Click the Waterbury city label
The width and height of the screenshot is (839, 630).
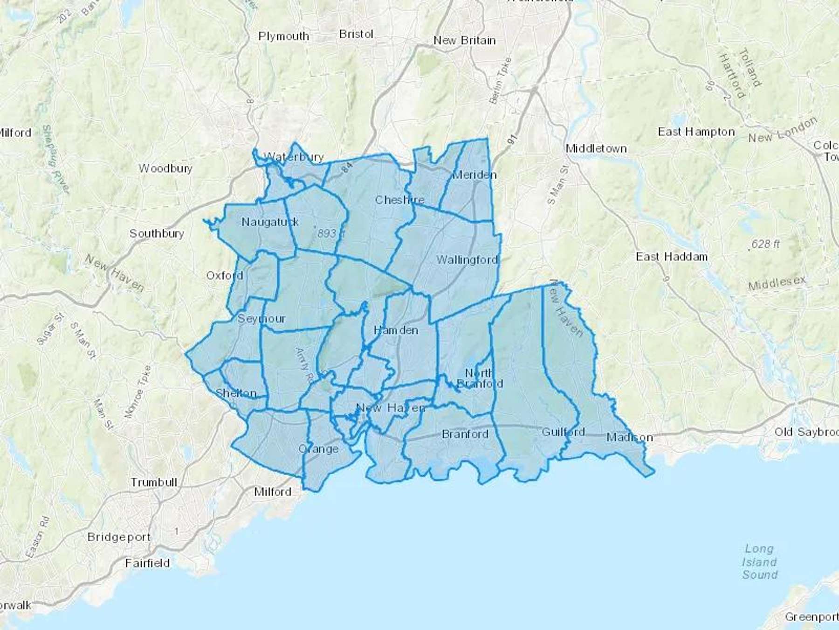pos(294,157)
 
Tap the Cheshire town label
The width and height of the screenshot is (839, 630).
pos(399,200)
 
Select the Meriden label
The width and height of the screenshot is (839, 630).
pos(475,175)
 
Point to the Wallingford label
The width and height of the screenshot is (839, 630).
pos(467,260)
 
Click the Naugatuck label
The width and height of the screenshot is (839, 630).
pos(270,222)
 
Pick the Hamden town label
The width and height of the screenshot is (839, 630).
pos(396,330)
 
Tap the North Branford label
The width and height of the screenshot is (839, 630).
pos(480,378)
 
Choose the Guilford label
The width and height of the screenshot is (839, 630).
pos(563,432)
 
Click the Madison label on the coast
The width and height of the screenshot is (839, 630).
pos(629,438)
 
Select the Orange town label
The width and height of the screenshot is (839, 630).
pos(318,449)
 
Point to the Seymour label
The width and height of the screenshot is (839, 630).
pos(261,319)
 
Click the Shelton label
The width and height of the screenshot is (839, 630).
pos(236,393)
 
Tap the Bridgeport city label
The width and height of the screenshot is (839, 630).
pos(119,537)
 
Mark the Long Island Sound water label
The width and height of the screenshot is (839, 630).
pos(759,562)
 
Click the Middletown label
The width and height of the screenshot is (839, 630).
pos(596,149)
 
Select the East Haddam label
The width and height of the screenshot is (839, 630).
pos(672,257)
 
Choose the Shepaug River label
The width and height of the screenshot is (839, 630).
pos(55,159)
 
